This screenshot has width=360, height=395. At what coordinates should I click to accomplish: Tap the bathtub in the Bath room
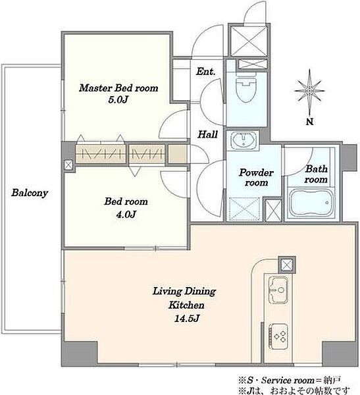[311, 203]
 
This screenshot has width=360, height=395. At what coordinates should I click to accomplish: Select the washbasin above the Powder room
[243, 140]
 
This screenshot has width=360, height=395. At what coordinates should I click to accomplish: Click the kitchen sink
[278, 290]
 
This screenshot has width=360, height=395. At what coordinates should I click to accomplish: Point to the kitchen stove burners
[279, 336]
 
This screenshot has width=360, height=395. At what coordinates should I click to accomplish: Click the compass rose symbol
[309, 90]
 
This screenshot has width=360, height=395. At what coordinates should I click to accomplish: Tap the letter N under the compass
[309, 122]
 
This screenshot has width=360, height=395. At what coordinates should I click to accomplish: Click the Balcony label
[30, 193]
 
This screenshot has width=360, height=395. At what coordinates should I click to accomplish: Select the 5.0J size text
[118, 100]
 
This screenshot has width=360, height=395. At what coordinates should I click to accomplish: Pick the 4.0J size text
[126, 215]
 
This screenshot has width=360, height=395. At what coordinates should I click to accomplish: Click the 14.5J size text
[187, 319]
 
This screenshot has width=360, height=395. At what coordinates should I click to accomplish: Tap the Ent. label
[206, 72]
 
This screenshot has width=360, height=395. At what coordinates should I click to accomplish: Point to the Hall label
[207, 134]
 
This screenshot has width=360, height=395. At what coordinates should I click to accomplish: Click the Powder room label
[256, 177]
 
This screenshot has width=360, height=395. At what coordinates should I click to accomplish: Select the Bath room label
[316, 174]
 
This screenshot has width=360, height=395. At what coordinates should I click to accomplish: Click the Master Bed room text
[118, 88]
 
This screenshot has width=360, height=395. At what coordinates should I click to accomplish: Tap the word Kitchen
[186, 305]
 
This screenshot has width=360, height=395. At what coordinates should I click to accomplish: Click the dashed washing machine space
[245, 209]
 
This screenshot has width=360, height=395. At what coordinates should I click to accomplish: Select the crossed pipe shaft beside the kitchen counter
[287, 265]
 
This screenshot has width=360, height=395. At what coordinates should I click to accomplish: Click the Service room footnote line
[290, 380]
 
